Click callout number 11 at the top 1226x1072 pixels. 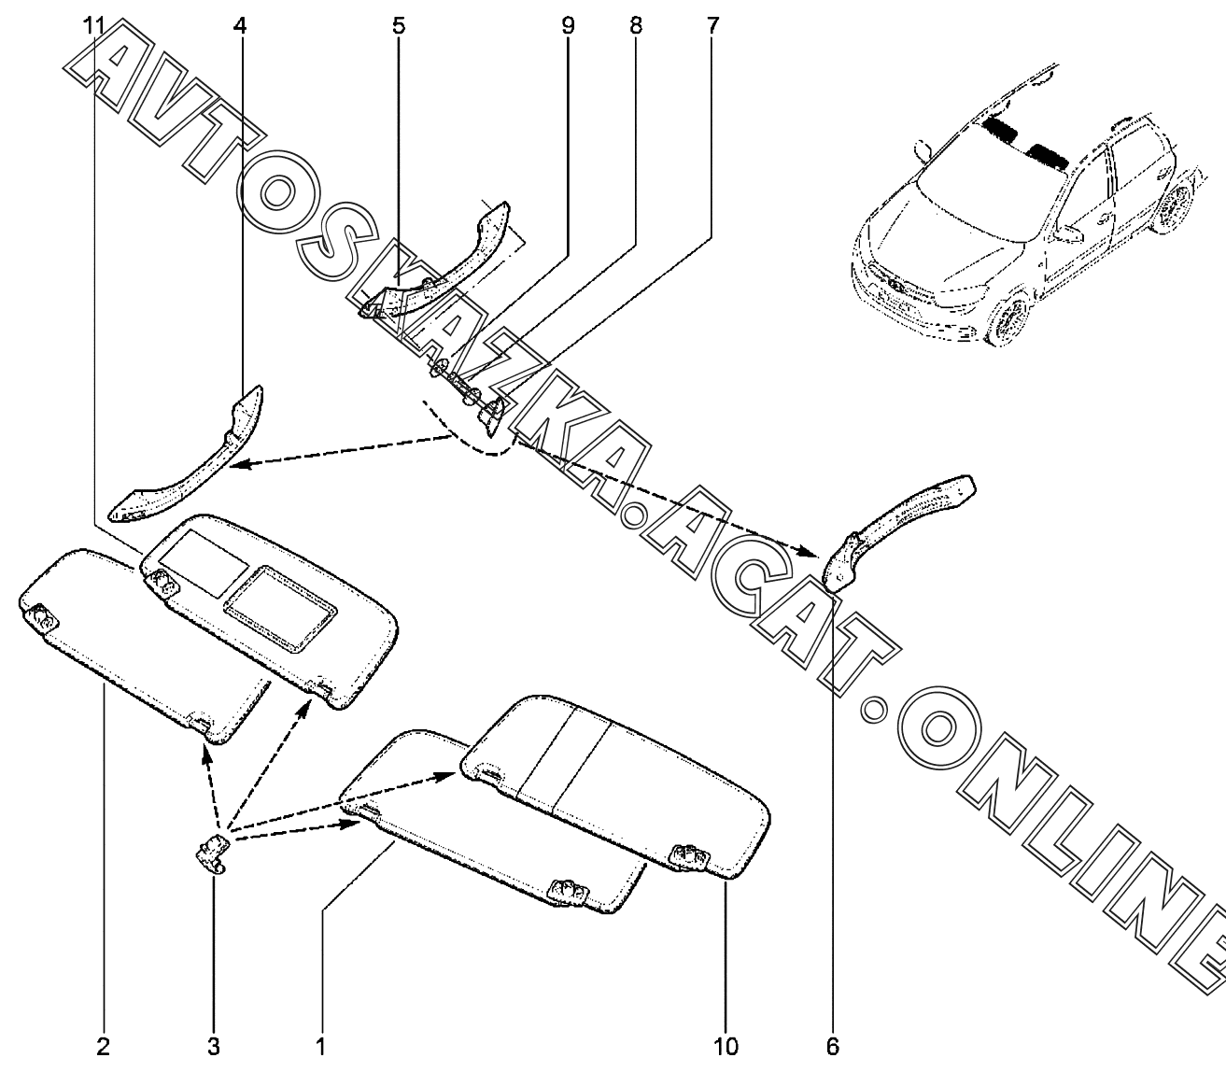(93, 25)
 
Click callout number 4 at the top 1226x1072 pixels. (240, 25)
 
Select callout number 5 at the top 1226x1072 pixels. (399, 25)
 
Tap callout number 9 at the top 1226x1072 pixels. (568, 25)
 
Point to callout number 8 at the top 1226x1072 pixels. (636, 25)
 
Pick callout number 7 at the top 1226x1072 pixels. (712, 25)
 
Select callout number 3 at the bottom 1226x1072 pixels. (214, 1046)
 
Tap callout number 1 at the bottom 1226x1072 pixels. (320, 1046)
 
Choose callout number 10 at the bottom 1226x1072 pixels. (726, 1046)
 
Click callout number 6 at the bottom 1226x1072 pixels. (832, 1046)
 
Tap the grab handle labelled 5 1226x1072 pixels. (439, 271)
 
